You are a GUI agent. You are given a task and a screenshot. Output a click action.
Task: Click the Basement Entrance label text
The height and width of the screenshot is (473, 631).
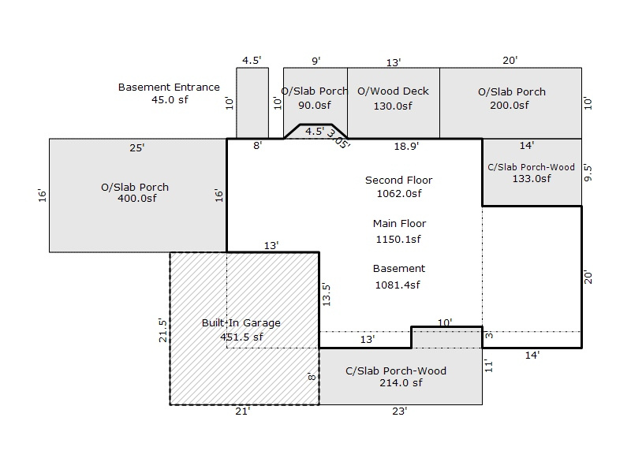pyautogui.click(x=169, y=87)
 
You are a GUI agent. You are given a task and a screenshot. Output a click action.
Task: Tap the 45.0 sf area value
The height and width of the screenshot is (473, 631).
pyautogui.click(x=170, y=100)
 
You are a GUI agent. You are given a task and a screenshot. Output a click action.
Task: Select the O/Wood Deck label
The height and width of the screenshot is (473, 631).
pyautogui.click(x=393, y=91)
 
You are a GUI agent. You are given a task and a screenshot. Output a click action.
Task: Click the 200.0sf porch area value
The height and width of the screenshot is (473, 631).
pyautogui.click(x=512, y=106)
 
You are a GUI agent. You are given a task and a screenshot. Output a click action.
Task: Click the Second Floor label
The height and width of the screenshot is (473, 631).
pyautogui.click(x=398, y=181)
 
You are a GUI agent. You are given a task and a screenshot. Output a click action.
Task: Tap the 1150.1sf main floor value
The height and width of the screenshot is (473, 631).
pyautogui.click(x=398, y=239)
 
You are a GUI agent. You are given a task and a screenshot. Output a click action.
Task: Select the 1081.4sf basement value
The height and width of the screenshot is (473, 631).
pyautogui.click(x=398, y=285)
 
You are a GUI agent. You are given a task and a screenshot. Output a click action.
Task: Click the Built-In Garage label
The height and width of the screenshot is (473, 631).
pyautogui.click(x=241, y=323)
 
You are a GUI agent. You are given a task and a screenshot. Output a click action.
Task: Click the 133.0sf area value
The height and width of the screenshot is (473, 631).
pyautogui.click(x=531, y=179)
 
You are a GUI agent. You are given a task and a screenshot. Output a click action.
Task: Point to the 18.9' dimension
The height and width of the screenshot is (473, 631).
pyautogui.click(x=405, y=146)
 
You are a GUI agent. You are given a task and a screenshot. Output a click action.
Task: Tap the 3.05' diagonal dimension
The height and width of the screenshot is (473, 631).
pyautogui.click(x=339, y=140)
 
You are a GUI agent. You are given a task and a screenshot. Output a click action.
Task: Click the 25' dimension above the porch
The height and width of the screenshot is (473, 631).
pyautogui.click(x=137, y=147)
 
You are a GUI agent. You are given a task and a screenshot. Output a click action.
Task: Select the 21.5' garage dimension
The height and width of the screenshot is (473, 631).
pyautogui.click(x=162, y=329)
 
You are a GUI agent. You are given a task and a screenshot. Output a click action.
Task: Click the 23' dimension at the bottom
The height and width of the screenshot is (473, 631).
pyautogui.click(x=399, y=412)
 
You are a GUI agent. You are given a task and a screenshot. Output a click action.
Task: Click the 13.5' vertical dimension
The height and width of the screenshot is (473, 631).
pyautogui.click(x=327, y=294)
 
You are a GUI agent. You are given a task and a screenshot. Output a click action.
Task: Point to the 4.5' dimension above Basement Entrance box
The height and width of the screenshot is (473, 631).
pyautogui.click(x=252, y=61)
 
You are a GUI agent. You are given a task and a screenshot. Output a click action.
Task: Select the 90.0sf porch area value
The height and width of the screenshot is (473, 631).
pyautogui.click(x=315, y=106)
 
